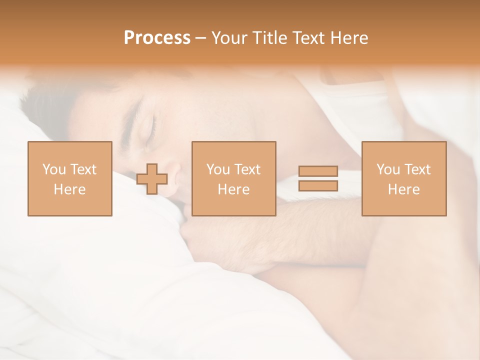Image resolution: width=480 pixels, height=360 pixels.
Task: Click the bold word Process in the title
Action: (157, 38)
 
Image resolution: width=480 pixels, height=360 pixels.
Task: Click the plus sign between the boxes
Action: (152, 179)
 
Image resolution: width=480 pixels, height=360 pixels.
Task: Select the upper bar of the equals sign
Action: (318, 171)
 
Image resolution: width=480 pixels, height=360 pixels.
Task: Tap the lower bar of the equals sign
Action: (318, 185)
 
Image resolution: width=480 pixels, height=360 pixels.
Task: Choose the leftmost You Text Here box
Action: (69, 178)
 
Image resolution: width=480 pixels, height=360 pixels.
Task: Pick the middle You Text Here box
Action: (233, 178)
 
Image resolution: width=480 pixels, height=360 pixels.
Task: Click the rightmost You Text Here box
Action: (404, 178)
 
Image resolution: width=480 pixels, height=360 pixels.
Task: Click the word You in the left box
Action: (54, 169)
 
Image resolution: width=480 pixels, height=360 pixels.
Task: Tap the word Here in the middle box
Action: (233, 189)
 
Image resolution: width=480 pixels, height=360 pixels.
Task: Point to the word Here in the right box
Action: (404, 189)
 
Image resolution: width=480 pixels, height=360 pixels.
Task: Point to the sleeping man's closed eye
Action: (150, 131)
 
